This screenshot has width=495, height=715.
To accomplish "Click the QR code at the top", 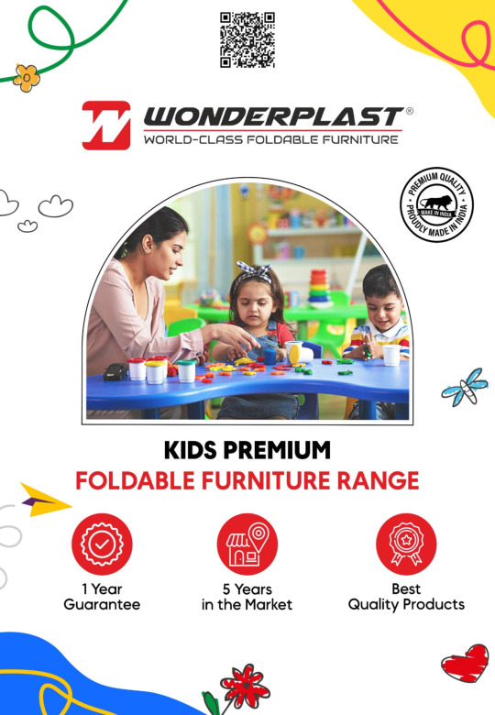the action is [x=247, y=39].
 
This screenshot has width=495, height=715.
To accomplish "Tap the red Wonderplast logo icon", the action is [x=105, y=126].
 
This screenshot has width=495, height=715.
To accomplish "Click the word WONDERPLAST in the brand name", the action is [x=273, y=116].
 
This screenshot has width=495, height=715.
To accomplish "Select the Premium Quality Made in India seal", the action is [x=436, y=204].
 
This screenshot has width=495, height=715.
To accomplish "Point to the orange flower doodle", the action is [x=27, y=78].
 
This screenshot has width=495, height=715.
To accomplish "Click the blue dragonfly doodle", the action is [x=465, y=388].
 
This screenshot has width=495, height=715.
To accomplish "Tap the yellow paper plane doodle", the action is [x=45, y=500].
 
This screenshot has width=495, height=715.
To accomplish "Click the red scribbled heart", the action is [x=465, y=664].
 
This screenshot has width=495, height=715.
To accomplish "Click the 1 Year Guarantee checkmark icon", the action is [x=102, y=544].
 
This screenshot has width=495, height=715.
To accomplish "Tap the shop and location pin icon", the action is [x=247, y=544].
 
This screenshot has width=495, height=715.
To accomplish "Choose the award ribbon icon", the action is [x=406, y=544].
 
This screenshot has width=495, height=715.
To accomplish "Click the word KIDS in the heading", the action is [x=191, y=450].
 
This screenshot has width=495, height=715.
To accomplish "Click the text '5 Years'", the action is [x=247, y=589].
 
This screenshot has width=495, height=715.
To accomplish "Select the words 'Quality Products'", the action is [x=406, y=605].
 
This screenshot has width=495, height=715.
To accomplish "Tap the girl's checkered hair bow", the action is [x=254, y=272].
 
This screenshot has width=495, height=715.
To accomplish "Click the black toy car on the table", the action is [x=115, y=371].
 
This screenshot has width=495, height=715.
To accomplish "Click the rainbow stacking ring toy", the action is [x=319, y=287].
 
